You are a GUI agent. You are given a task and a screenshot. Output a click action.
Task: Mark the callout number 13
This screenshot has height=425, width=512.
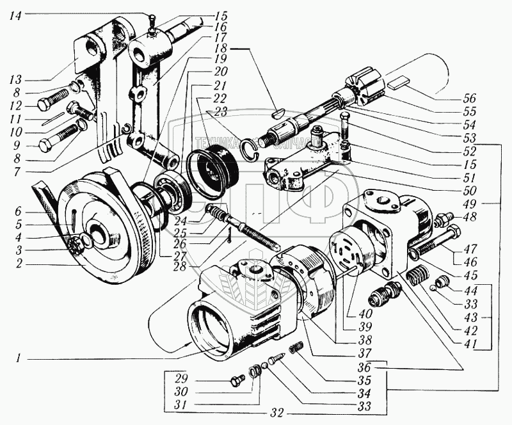click(15, 80)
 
